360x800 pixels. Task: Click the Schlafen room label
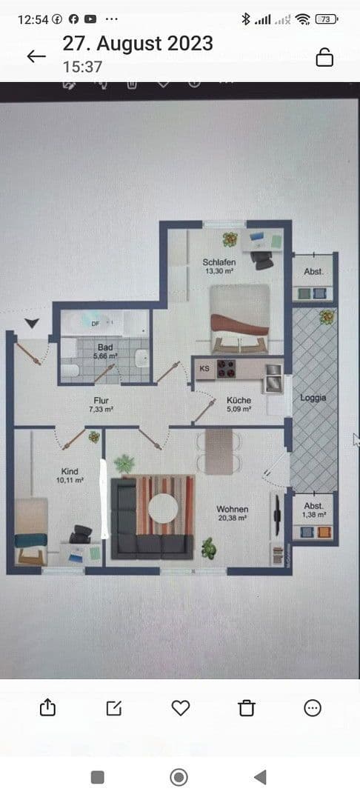(219, 262)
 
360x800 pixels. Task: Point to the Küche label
(239, 400)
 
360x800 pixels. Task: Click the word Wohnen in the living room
(232, 510)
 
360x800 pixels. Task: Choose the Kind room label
(70, 471)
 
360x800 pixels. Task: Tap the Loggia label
(313, 398)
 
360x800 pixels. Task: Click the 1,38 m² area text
(314, 514)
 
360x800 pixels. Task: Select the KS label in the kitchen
(204, 368)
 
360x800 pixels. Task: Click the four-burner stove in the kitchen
(227, 368)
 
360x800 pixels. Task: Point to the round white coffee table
(163, 509)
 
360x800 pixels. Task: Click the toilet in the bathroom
(68, 371)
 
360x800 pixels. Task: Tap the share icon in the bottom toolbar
(47, 707)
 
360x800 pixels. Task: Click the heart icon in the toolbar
(181, 707)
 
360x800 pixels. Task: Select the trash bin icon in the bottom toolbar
(247, 707)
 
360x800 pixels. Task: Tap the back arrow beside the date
(36, 56)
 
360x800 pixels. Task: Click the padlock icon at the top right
(324, 56)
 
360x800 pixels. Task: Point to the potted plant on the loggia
(326, 319)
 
